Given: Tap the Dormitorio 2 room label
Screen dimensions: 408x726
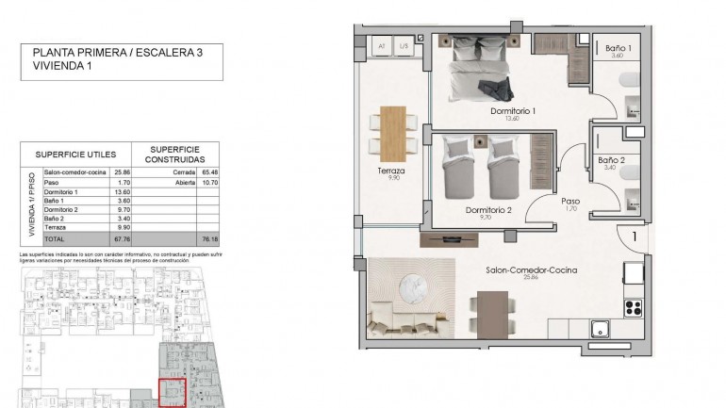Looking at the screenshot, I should pyautogui.click(x=488, y=210).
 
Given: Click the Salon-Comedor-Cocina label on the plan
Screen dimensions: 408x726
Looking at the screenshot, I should pyautogui.click(x=531, y=270).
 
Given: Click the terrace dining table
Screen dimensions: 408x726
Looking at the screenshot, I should pyautogui.click(x=393, y=131).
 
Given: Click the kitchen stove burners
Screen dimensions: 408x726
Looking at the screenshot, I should pyautogui.click(x=633, y=307).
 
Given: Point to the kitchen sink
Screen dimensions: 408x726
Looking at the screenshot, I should pyautogui.click(x=600, y=329).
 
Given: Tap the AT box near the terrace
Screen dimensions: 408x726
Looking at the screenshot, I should pyautogui.click(x=382, y=45).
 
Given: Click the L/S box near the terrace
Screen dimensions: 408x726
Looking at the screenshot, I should pyautogui.click(x=404, y=45).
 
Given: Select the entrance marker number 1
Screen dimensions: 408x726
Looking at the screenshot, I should pyautogui.click(x=635, y=238).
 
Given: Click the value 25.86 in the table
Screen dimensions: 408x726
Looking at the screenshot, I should pyautogui.click(x=121, y=172).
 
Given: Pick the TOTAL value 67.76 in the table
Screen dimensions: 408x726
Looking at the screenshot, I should pyautogui.click(x=120, y=238).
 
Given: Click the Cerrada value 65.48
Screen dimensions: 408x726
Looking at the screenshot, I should pyautogui.click(x=208, y=172).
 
